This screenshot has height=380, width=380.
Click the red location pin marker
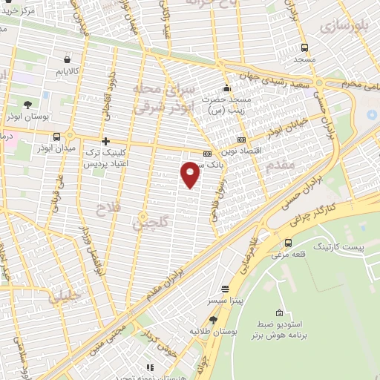click(x=191, y=174)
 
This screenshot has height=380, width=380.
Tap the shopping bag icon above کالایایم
click(x=68, y=59)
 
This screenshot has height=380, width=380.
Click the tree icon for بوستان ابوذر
click(x=27, y=105)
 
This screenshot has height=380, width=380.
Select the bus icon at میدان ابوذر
click(x=57, y=137)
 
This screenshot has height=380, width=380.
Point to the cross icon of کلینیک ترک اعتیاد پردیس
click(x=105, y=140)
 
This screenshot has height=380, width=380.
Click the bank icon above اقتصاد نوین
click(x=240, y=139)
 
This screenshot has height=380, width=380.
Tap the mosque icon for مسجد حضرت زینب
click(x=226, y=87)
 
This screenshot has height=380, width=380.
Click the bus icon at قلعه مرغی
click(x=288, y=243)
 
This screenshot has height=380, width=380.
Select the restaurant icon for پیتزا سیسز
click(x=225, y=289)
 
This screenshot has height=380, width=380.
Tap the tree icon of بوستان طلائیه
click(x=213, y=320)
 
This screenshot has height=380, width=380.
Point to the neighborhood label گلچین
click(x=154, y=221)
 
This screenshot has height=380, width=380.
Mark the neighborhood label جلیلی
click(x=65, y=298)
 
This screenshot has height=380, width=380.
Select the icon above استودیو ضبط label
click(x=279, y=312)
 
